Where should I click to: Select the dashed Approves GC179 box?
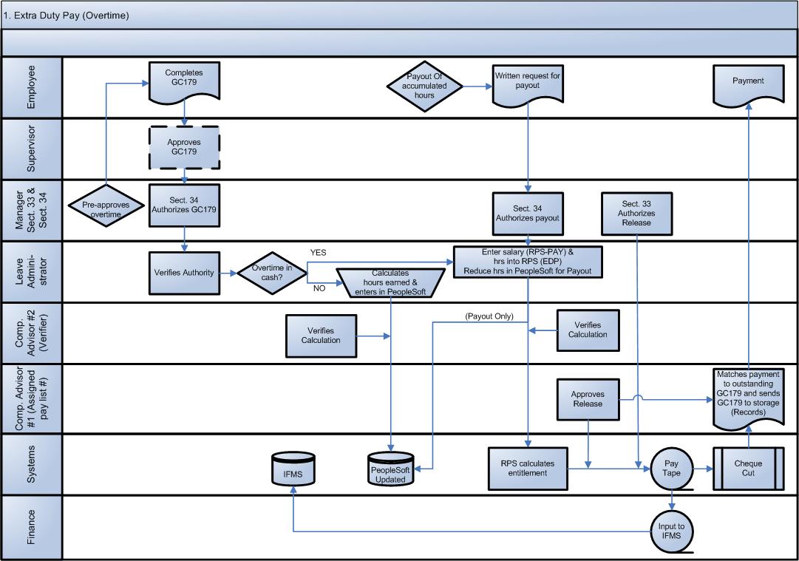pyautogui.click(x=183, y=146)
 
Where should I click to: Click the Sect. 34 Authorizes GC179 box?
pyautogui.click(x=183, y=205)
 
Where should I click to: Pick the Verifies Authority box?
pyautogui.click(x=183, y=273)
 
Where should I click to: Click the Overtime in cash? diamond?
pyautogui.click(x=273, y=273)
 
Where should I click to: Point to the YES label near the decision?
pyautogui.click(x=319, y=252)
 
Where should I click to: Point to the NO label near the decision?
pyautogui.click(x=319, y=288)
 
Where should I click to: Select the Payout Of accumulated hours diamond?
pyautogui.click(x=425, y=86)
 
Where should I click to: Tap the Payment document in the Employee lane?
pyautogui.click(x=748, y=83)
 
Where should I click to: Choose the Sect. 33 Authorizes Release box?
pyautogui.click(x=636, y=213)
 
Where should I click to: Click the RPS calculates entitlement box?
pyautogui.click(x=527, y=468)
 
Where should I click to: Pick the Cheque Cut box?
pyautogui.click(x=748, y=468)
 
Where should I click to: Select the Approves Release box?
pyautogui.click(x=588, y=399)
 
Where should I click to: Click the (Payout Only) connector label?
pyautogui.click(x=489, y=316)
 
